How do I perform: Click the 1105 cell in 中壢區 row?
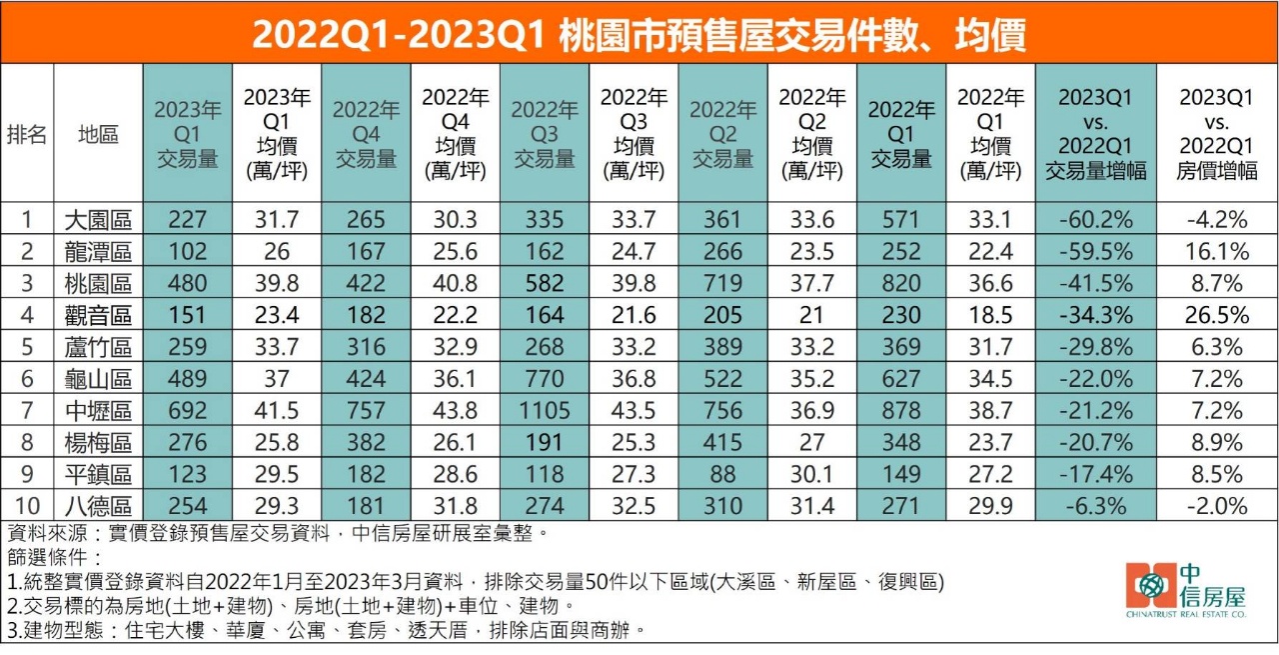coord(544,410)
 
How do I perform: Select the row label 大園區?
coord(98,218)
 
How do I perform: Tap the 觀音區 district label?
coord(98,314)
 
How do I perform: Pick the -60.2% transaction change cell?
coord(1095,218)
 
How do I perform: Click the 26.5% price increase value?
coord(1217,314)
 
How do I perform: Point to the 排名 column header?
coord(27,135)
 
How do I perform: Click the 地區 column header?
coord(98,135)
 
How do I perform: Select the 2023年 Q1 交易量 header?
coord(187,135)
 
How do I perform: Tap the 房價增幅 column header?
coord(1217,135)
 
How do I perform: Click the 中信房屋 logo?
coord(1185,591)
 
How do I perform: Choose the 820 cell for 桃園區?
coord(900,282)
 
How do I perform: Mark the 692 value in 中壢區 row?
coord(187,410)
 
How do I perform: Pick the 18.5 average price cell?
coord(990,314)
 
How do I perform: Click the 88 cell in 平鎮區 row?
coord(722,474)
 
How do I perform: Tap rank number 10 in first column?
coord(27,506)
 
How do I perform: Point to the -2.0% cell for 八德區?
coord(1217,506)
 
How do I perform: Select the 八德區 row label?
coord(98,506)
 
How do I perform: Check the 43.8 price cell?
coord(455,410)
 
